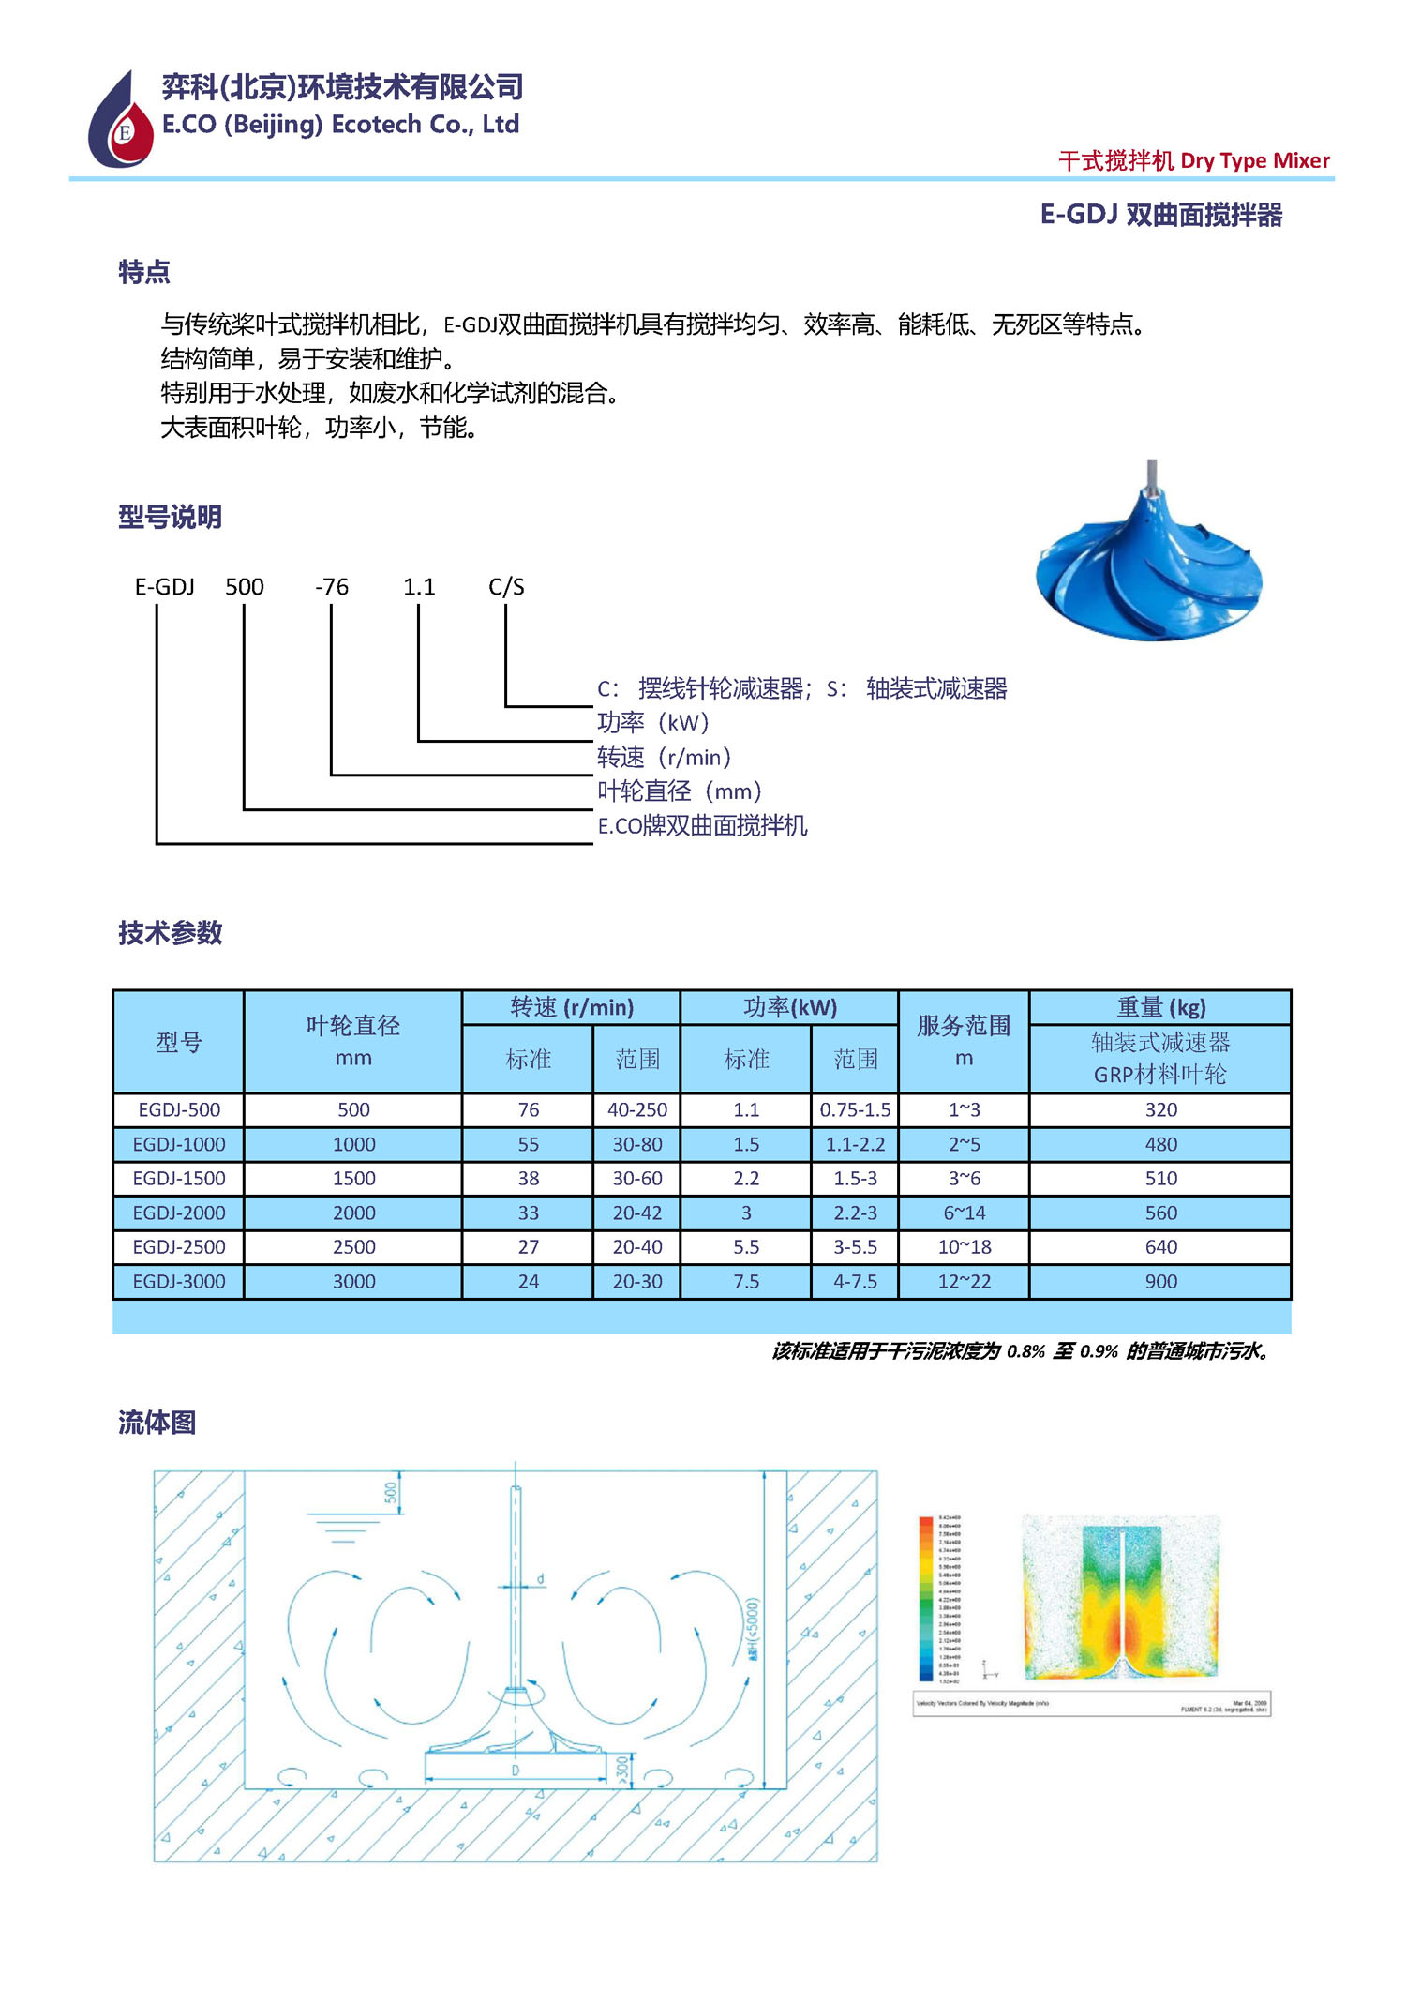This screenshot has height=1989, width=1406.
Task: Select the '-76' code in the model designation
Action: [332, 587]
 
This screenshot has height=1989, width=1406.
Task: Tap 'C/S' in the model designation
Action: [506, 587]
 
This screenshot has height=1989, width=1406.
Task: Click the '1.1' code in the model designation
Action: [419, 587]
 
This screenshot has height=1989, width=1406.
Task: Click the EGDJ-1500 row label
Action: [179, 1179]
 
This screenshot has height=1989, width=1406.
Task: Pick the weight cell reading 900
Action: [1160, 1282]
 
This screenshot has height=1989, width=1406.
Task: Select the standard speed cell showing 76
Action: [529, 1110]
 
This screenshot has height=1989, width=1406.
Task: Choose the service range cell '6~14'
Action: [964, 1213]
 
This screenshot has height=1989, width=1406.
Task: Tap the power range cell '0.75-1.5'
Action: [855, 1110]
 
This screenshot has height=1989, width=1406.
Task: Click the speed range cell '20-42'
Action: [637, 1213]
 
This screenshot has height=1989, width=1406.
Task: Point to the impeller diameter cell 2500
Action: [353, 1247]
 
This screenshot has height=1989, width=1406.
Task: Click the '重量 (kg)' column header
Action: [1160, 1008]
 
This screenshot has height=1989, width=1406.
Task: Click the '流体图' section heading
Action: [157, 1423]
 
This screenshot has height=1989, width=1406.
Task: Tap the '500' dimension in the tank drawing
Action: [391, 1492]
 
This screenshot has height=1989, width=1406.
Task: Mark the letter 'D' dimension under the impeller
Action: [516, 1771]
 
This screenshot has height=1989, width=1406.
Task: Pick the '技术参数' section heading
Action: [170, 933]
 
